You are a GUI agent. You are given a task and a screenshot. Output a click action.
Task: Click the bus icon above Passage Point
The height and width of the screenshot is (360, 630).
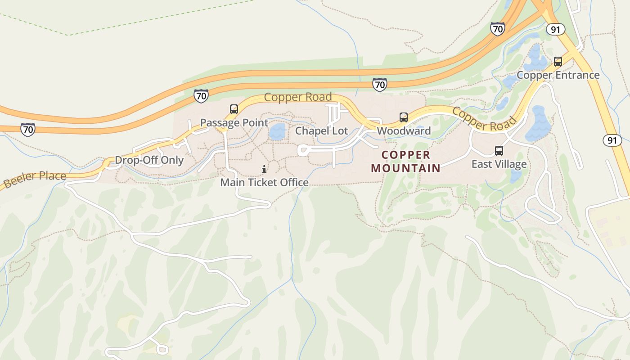[x=234, y=109]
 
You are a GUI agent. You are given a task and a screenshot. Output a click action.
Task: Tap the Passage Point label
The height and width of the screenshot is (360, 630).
[x=234, y=123]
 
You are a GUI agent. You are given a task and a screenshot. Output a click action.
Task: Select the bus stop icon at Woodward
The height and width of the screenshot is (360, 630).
[x=404, y=117]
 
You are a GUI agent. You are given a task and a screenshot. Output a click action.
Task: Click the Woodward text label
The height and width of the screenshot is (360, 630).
[x=404, y=131]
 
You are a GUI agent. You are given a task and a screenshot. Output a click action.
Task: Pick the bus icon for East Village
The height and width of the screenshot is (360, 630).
[x=499, y=151]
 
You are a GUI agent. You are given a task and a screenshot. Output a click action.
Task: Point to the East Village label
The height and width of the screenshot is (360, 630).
[x=499, y=164]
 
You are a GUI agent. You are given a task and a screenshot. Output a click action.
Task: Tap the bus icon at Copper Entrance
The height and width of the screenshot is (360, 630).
[x=558, y=62]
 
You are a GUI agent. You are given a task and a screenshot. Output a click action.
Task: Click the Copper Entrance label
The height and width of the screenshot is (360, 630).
[x=558, y=75]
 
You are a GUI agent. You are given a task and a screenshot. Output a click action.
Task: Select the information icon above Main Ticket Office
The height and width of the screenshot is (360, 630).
[x=264, y=169]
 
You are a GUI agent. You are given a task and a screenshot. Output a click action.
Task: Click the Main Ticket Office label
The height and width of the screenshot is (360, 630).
[x=264, y=182]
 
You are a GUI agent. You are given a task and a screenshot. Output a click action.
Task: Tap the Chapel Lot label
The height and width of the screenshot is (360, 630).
[x=321, y=131]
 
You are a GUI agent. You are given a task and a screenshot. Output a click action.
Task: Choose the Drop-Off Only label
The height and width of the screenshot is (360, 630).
[x=149, y=160]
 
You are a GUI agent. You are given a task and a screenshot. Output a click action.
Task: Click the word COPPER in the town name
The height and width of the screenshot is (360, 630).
[x=406, y=155]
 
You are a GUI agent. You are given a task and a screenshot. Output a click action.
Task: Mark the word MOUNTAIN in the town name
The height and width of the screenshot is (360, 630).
[x=406, y=168]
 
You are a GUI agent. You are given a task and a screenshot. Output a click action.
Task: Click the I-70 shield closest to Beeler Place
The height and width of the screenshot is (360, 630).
[x=28, y=130]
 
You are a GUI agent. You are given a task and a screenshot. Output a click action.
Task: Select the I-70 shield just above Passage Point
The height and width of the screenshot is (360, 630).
[x=201, y=96]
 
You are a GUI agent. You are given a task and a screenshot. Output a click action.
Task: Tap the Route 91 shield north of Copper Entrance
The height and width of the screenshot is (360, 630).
[x=556, y=29]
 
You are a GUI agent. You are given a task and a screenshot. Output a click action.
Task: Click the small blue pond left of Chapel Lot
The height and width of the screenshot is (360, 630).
[x=277, y=132]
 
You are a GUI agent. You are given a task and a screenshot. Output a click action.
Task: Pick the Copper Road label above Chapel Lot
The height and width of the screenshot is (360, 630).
[x=297, y=97]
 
